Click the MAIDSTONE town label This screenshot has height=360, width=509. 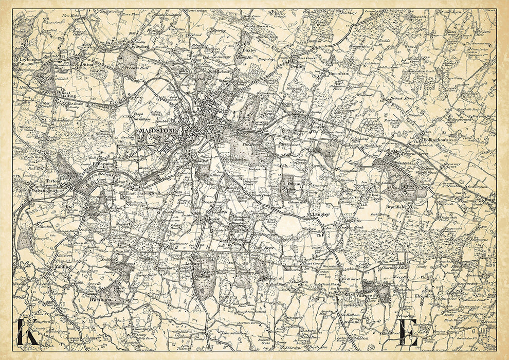pyautogui.click(x=158, y=131)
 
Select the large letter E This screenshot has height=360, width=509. pyautogui.click(x=408, y=333)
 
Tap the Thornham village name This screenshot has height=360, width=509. pyautogui.click(x=338, y=74)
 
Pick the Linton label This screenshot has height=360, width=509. pyautogui.click(x=192, y=264)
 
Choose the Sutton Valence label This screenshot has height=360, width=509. pyautogui.click(x=363, y=293)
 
